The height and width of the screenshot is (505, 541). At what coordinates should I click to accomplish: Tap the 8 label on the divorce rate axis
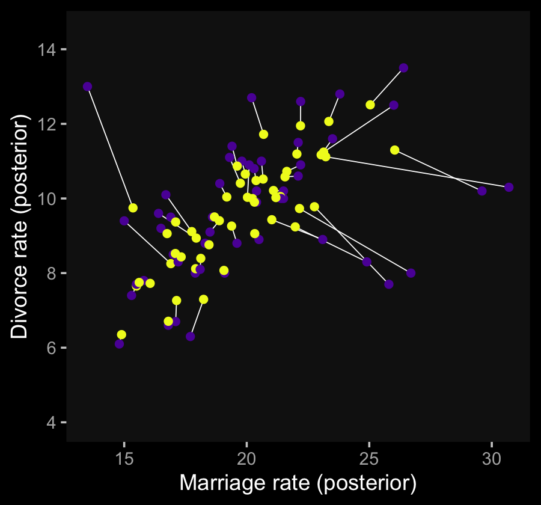coord(53,273)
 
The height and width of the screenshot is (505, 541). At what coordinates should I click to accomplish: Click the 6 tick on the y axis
coord(53,347)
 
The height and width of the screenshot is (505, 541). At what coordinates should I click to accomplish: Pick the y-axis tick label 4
coord(53,422)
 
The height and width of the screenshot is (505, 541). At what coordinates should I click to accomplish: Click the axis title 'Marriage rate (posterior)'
coord(298,483)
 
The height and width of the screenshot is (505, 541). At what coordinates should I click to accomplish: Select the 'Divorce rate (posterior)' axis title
coord(20,228)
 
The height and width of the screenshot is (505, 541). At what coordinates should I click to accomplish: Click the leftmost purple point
coord(87,87)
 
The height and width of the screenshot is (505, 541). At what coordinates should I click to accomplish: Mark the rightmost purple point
coord(509,188)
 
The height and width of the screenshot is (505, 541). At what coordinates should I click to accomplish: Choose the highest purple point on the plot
coord(403,68)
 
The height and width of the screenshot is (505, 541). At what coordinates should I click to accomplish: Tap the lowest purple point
coord(119,344)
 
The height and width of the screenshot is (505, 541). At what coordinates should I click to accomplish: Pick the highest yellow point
coord(370,105)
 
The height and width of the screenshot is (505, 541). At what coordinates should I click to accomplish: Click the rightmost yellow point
coord(394,150)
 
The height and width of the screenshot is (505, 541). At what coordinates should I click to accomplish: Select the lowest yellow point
coord(121,334)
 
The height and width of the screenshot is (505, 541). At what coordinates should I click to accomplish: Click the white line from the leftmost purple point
coord(110,147)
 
